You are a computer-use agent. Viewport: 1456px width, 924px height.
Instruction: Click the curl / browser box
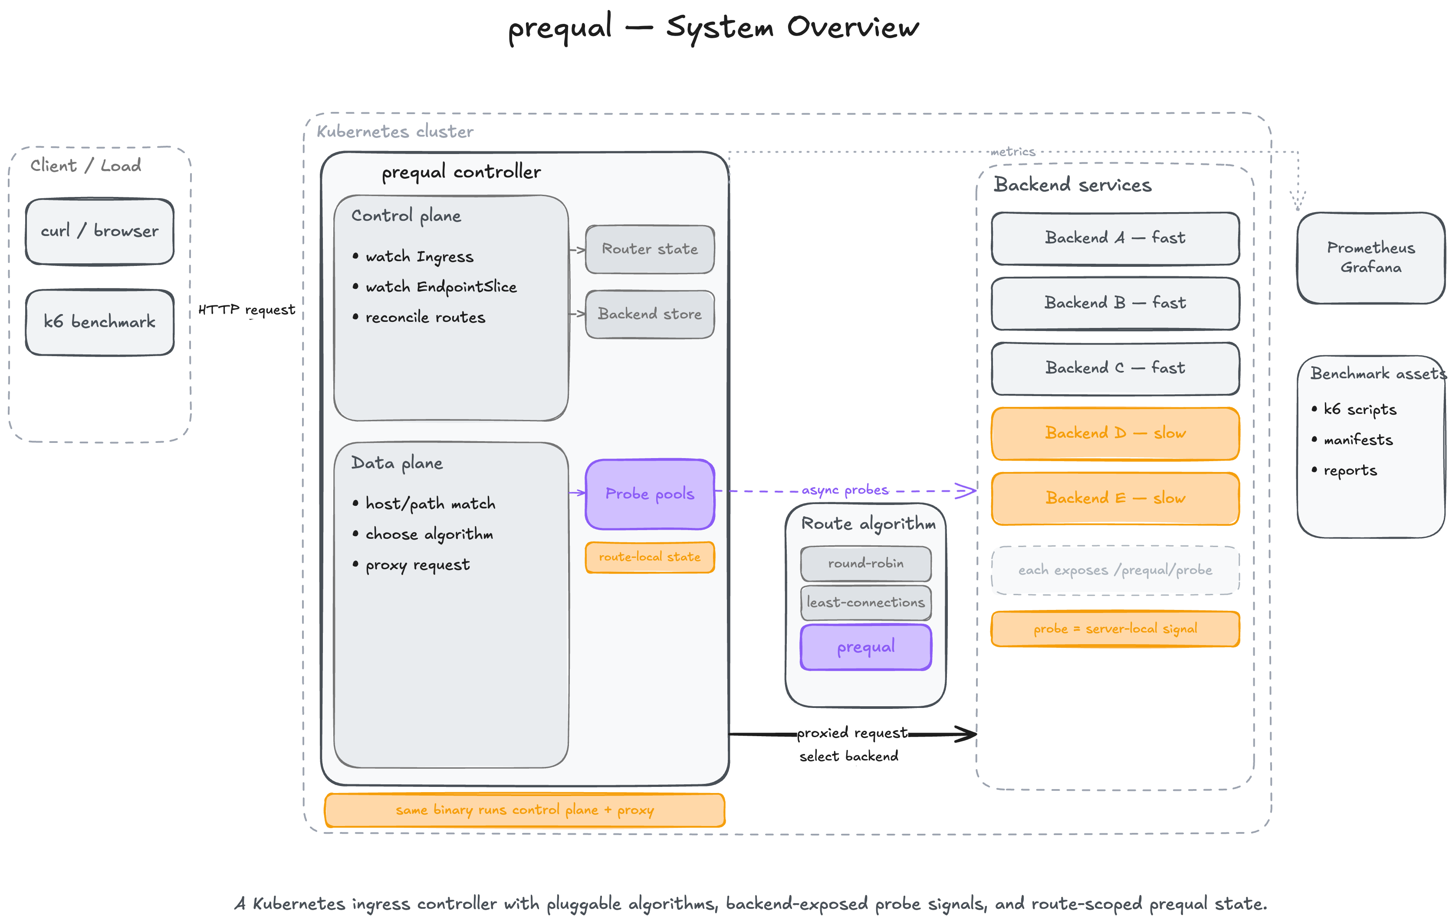[100, 232]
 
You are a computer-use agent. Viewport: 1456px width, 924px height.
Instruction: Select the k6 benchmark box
[100, 322]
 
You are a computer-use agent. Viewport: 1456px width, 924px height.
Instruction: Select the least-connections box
[865, 603]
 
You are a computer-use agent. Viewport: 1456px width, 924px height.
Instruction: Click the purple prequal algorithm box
[865, 647]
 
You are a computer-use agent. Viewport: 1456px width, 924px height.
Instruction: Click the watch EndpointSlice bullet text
[441, 287]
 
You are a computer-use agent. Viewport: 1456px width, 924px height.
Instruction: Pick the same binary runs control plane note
[524, 810]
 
